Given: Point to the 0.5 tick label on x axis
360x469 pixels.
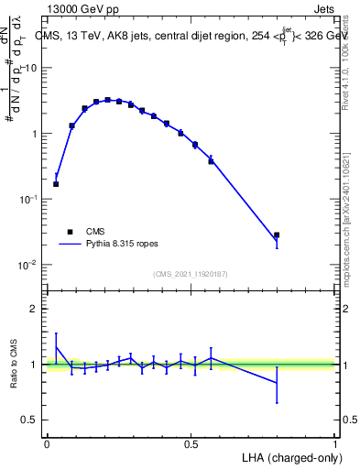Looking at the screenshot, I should point(191,443).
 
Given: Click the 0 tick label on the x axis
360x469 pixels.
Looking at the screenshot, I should point(47,443).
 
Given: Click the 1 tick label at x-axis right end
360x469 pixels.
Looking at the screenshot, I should point(335,443).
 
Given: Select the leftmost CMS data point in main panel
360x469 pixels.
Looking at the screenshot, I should point(56,184).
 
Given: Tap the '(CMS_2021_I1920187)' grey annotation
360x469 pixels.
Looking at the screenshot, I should point(191,274).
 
